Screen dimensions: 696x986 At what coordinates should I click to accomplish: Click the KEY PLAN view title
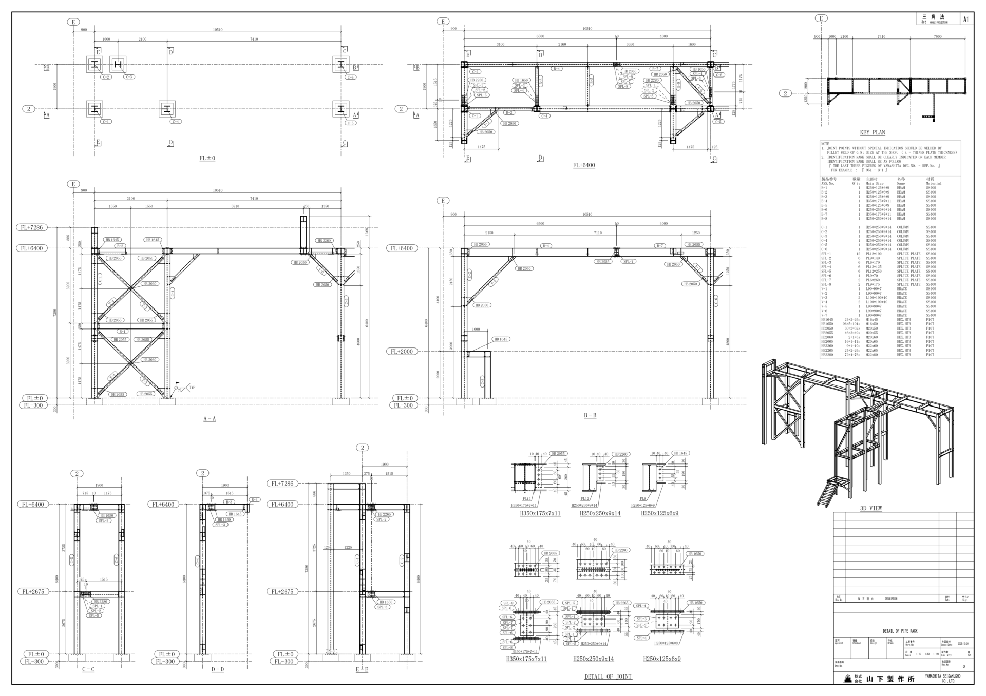click(873, 132)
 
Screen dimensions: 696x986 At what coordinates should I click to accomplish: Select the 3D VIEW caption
click(871, 509)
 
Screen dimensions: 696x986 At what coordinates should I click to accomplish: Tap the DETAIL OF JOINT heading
click(608, 676)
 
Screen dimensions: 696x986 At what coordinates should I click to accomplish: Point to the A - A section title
click(210, 419)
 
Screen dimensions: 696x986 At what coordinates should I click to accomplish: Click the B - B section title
click(590, 415)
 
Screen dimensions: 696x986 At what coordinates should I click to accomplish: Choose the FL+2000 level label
click(402, 352)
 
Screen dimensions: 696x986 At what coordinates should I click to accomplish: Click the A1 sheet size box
click(966, 20)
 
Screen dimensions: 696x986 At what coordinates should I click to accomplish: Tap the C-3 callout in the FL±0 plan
click(129, 77)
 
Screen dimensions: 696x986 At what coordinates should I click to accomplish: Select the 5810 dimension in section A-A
click(235, 206)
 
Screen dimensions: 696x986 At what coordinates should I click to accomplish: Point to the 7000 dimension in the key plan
click(937, 37)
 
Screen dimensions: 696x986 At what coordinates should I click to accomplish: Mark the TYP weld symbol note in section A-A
click(192, 387)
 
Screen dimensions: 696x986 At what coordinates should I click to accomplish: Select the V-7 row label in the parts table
click(824, 315)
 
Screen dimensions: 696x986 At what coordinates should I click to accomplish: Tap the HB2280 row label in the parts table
click(827, 355)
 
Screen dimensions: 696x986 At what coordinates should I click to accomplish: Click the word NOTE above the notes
click(825, 144)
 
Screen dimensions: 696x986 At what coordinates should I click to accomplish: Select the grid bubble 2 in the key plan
click(785, 93)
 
